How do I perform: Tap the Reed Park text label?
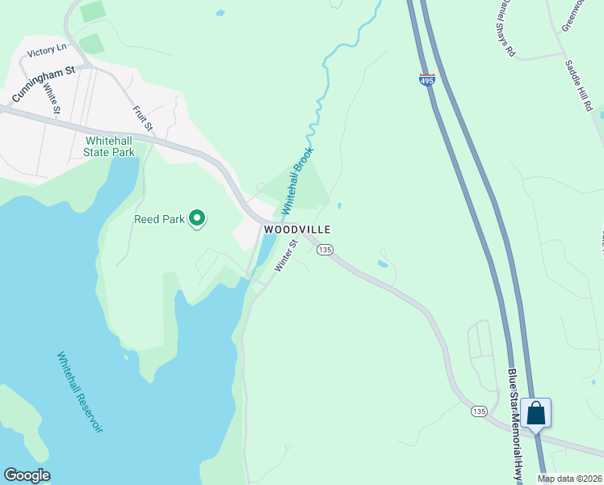tap(160, 219)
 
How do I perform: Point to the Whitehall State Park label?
tap(110, 145)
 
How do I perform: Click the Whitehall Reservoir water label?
tap(80, 391)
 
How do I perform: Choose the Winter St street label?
tap(287, 255)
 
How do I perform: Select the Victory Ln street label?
tap(45, 52)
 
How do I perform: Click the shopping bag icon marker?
tap(536, 413)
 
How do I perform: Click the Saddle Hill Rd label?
tap(579, 85)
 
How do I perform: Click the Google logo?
tap(27, 475)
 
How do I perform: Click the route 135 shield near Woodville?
tap(325, 250)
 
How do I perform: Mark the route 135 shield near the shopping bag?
tap(480, 411)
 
